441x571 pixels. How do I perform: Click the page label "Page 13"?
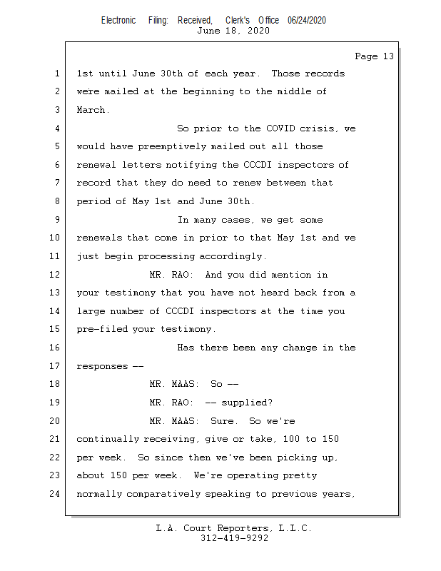pyautogui.click(x=374, y=56)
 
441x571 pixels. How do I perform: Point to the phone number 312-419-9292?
pyautogui.click(x=234, y=538)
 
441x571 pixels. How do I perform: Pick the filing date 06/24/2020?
pyautogui.click(x=307, y=21)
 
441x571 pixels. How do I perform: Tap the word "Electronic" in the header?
pyautogui.click(x=118, y=21)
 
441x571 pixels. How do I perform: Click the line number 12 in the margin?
pyautogui.click(x=55, y=275)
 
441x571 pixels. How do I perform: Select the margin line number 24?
pyautogui.click(x=55, y=493)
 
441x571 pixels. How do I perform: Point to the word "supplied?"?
pyautogui.click(x=246, y=403)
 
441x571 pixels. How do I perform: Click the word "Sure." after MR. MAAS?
pyautogui.click(x=224, y=420)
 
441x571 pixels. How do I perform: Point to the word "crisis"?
pyautogui.click(x=321, y=128)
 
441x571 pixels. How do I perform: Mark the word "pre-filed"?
pyautogui.click(x=101, y=329)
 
